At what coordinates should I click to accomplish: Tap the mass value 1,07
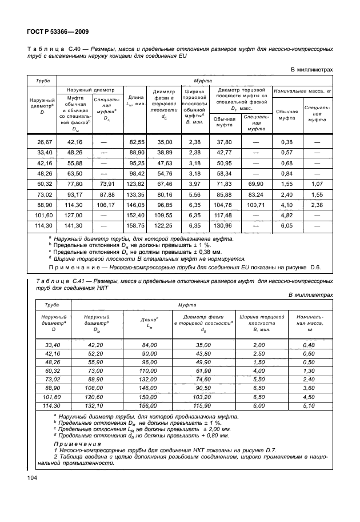(x=317, y=184)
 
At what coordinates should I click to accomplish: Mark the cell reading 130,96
(x=223, y=225)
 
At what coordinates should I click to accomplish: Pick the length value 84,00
(x=149, y=344)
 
